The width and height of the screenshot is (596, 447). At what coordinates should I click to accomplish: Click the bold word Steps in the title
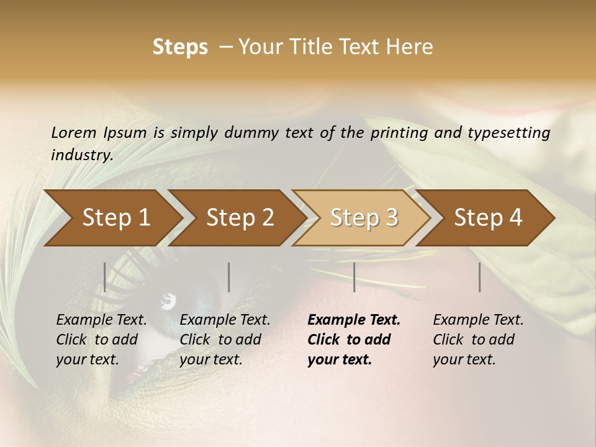click(180, 47)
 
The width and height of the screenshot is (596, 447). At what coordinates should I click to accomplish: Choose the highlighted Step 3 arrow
click(364, 217)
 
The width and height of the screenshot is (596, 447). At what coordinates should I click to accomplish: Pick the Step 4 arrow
click(488, 217)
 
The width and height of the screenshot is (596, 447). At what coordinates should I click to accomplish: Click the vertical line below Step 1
click(105, 277)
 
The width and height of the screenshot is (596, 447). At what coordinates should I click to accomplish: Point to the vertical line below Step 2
click(229, 277)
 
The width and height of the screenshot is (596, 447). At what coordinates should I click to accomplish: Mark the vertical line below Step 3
click(354, 277)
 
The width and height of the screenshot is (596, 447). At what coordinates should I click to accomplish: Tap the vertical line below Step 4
click(479, 277)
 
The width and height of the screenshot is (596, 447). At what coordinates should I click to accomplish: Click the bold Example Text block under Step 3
click(354, 340)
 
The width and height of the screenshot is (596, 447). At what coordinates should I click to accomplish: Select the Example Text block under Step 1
click(102, 340)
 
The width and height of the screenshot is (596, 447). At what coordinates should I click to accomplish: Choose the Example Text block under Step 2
click(225, 340)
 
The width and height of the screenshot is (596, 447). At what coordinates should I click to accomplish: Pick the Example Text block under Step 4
click(478, 340)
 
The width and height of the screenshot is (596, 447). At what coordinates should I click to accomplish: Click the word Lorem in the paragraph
click(73, 132)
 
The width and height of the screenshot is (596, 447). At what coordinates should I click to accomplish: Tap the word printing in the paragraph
click(403, 132)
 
